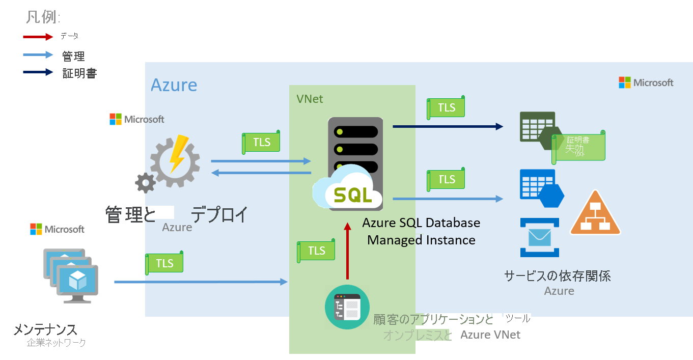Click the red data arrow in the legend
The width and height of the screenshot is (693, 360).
[x=38, y=37]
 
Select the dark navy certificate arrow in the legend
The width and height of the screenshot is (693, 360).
[x=38, y=72]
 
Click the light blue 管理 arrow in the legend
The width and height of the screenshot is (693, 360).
[x=38, y=54]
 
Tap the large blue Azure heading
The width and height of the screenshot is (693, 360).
[x=174, y=85]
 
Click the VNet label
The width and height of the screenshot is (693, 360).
[x=310, y=99]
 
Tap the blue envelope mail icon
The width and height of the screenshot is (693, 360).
[x=540, y=237]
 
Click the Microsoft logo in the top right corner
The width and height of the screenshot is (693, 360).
[x=646, y=82]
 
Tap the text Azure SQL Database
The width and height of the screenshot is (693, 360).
[x=421, y=223]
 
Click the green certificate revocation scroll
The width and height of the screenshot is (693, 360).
[x=579, y=147]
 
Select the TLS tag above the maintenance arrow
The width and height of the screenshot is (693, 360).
[x=164, y=263]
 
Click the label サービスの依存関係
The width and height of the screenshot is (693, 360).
[x=557, y=276]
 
